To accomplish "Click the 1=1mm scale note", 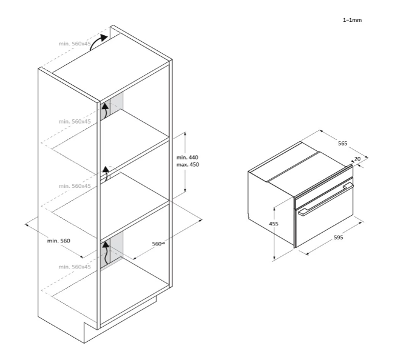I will pos(352,20).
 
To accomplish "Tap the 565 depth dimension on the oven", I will pos(342,144).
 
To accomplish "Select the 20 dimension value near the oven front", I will pos(357,159).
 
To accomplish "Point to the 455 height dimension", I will pos(274,224).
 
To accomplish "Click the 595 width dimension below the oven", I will pos(338,238).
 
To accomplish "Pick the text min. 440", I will pos(187,158).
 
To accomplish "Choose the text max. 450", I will pos(187,165).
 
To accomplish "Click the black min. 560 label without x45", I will pos(59,241).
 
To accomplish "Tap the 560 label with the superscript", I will pos(159,244).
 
